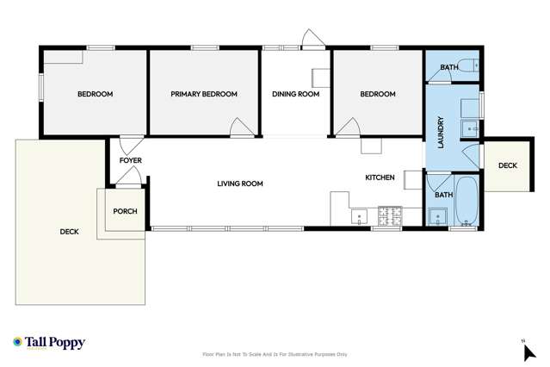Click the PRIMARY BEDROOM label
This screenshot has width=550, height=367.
(203, 94)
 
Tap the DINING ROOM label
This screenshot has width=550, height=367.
(295, 94)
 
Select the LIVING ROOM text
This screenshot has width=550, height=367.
(239, 183)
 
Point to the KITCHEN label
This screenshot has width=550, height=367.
(380, 177)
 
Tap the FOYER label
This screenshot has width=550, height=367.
(130, 160)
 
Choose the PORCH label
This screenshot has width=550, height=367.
(125, 211)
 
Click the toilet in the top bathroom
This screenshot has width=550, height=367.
(468, 65)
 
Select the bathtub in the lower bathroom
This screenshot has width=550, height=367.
(467, 201)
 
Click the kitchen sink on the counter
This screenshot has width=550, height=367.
(359, 214)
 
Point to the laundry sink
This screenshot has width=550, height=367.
(469, 130)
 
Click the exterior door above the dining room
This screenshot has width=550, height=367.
(311, 39)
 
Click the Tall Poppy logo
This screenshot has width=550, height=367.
(49, 343)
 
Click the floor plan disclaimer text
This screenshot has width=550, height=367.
(275, 354)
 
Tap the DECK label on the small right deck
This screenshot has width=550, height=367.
(507, 165)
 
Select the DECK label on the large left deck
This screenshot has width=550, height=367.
(69, 232)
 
